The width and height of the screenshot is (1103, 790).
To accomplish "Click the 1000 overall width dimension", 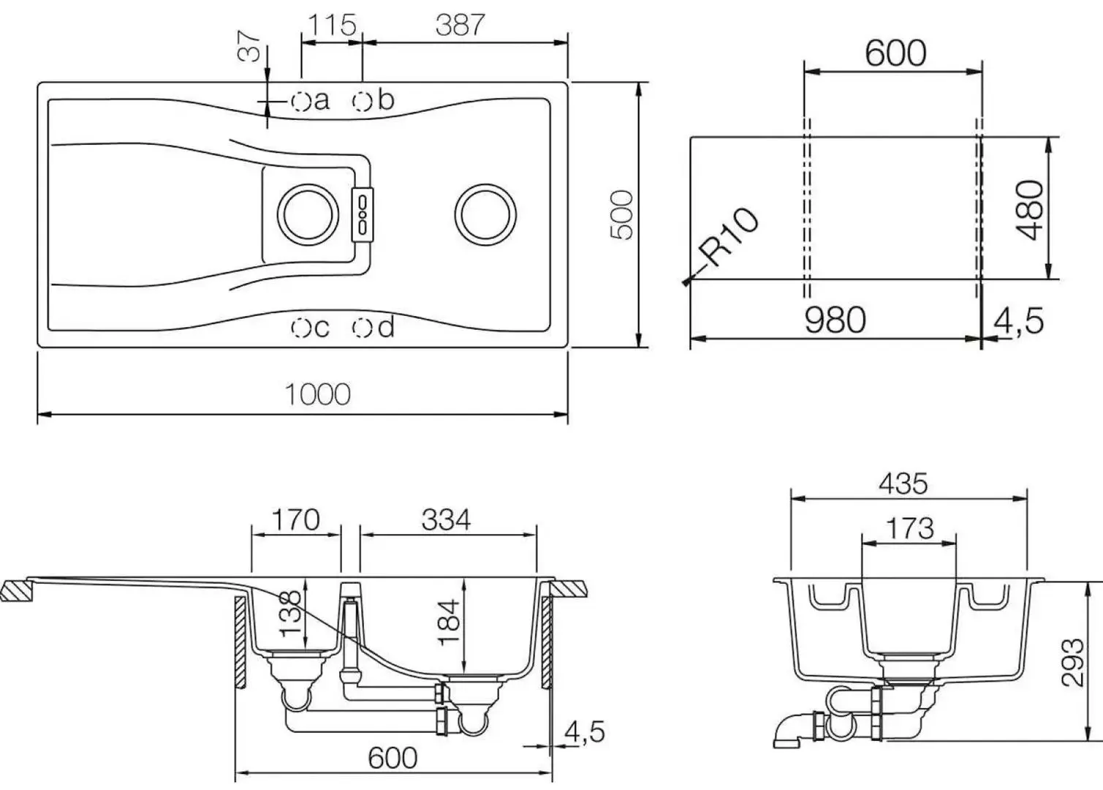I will [x=317, y=395].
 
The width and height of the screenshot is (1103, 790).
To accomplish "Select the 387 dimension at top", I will [x=460, y=25].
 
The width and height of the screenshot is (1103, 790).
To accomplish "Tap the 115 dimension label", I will [x=331, y=25].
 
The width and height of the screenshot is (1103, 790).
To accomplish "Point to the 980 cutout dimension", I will [x=835, y=320].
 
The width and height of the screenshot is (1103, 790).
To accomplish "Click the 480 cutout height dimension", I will [x=1029, y=209].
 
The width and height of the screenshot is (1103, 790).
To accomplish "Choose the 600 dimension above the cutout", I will [x=895, y=53].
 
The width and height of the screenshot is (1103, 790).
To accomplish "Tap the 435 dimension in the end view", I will [x=903, y=484].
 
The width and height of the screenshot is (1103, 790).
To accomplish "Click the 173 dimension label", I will [x=909, y=527].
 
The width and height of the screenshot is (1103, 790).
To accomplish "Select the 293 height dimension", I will [x=1072, y=662].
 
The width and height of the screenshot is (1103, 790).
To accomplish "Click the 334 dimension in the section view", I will [x=446, y=520].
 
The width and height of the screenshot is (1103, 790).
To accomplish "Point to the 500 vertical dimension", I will [x=621, y=214].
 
